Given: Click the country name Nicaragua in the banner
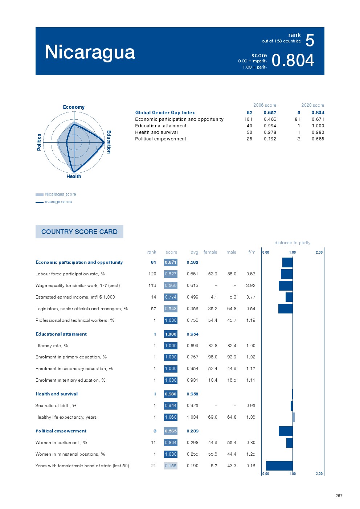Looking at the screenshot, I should click(90, 52).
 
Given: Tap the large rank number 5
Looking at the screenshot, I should click(310, 40).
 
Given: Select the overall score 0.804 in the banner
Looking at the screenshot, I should click(292, 60).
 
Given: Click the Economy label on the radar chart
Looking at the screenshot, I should click(74, 107).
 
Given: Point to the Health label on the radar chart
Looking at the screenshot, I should click(74, 176).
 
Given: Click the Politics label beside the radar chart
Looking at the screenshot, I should click(39, 142).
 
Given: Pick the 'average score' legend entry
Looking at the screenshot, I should click(58, 202).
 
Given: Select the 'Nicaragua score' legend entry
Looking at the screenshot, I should click(60, 194).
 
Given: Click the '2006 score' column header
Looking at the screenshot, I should click(265, 105).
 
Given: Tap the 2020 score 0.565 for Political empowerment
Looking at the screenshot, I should click(318, 139).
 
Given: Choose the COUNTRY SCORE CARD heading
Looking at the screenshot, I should click(79, 231).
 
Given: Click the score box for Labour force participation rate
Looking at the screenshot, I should click(171, 274).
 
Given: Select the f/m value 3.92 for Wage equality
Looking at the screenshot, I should click(250, 286).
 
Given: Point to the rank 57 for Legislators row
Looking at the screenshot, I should click(154, 309).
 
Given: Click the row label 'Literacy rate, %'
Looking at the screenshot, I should click(52, 346).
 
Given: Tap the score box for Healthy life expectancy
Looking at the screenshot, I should click(171, 417).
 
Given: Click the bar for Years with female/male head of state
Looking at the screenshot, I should click(279, 466).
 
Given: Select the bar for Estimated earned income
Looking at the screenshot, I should click(289, 297).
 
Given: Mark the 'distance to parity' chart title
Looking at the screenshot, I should click(292, 243).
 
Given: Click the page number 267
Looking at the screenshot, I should click(339, 496).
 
